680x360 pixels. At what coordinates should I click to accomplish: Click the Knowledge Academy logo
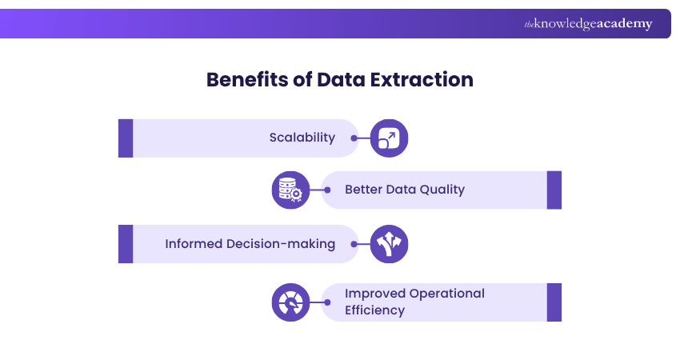[x=588, y=24]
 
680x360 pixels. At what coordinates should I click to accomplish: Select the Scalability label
[x=302, y=138]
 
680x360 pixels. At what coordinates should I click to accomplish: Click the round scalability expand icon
[x=389, y=138]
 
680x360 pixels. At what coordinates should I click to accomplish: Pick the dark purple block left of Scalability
[x=126, y=138]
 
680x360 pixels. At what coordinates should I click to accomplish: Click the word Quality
[x=442, y=190]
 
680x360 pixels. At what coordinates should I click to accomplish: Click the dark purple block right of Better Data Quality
[x=554, y=190]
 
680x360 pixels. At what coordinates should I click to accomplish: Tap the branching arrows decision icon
[x=389, y=244]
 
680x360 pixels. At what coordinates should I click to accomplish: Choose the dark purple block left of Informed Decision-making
[x=126, y=244]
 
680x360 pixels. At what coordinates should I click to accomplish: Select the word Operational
[x=447, y=293]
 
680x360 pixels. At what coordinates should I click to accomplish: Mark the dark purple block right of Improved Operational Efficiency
[x=554, y=302]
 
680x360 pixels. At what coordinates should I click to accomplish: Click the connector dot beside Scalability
[x=354, y=138]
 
